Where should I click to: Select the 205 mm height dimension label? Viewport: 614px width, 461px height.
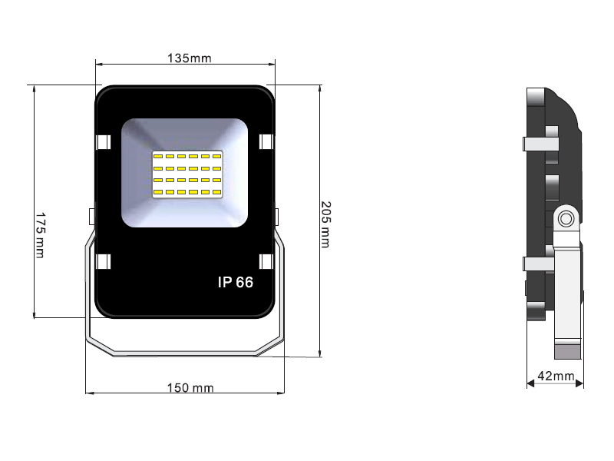click(x=325, y=224)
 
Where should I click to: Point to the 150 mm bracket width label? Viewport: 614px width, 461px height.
click(x=190, y=388)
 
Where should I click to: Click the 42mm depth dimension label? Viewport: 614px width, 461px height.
click(x=556, y=376)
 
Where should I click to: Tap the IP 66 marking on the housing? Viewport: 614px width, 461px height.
click(x=236, y=282)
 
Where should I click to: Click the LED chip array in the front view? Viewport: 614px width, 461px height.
click(x=187, y=174)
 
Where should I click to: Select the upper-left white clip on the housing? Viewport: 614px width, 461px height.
click(x=103, y=143)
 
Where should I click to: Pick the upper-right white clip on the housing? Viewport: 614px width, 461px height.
click(x=266, y=143)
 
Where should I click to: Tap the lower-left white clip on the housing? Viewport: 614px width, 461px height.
click(x=103, y=262)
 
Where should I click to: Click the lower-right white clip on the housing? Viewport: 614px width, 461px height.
click(x=266, y=262)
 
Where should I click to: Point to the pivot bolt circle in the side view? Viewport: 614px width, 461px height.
click(x=566, y=219)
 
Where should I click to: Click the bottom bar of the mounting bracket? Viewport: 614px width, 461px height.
click(x=184, y=353)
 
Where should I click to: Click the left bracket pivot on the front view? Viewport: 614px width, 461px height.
click(x=92, y=215)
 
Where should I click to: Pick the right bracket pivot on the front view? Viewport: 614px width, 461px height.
click(x=276, y=215)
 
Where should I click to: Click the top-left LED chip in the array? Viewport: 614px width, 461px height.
click(x=158, y=157)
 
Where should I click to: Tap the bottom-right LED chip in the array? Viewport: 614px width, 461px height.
click(x=216, y=191)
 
